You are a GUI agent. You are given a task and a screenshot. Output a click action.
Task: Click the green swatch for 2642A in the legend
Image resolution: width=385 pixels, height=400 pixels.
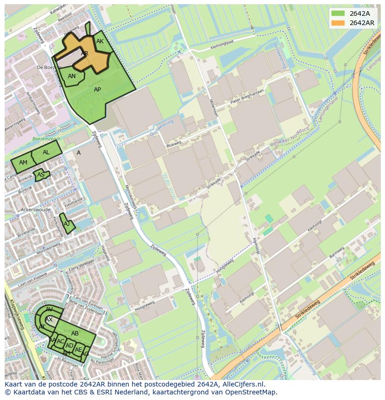338,13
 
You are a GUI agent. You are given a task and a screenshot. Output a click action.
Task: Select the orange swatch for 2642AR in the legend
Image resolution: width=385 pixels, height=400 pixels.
338,23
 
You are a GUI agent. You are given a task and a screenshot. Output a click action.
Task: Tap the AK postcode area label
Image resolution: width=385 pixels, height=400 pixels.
100,41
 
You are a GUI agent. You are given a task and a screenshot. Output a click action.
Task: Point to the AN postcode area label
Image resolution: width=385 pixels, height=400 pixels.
72,76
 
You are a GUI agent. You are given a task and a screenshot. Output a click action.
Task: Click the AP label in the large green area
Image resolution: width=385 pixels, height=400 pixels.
98,90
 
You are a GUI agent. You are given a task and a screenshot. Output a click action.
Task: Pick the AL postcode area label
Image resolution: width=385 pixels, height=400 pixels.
46,152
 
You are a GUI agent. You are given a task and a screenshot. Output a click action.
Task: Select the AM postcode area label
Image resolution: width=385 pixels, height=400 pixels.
23,163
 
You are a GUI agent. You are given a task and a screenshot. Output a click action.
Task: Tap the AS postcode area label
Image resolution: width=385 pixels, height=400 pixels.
41,175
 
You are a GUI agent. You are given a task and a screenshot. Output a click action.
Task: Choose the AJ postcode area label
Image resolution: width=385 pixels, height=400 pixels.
67,224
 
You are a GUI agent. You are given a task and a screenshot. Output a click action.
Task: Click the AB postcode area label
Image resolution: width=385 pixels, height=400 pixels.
75,334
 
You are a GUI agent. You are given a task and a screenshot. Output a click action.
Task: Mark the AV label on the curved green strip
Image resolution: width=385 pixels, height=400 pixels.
49,309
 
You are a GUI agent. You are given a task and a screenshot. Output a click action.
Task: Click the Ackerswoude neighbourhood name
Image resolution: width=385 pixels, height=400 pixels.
36,210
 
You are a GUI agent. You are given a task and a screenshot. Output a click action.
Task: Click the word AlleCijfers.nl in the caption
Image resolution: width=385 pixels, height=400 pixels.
242,384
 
